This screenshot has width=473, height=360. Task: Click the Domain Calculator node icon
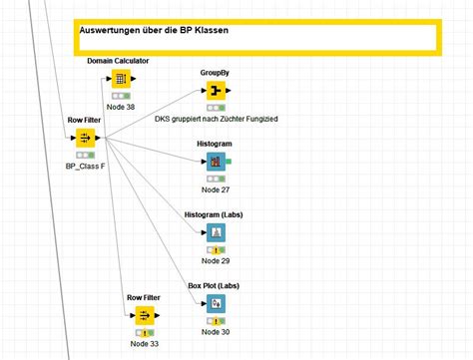pyautogui.click(x=119, y=79)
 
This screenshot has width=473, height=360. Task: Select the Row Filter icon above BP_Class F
pyautogui.click(x=85, y=138)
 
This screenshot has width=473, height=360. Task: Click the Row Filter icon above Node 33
pyautogui.click(x=144, y=316)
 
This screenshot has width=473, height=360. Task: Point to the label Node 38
pyautogui.click(x=119, y=107)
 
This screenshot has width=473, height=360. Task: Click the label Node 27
pyautogui.click(x=216, y=189)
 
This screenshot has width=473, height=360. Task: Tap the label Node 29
pyautogui.click(x=216, y=260)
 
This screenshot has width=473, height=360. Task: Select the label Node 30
pyautogui.click(x=216, y=332)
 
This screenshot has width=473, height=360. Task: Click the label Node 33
pyautogui.click(x=145, y=344)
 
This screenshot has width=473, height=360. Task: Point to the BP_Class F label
pyautogui.click(x=86, y=167)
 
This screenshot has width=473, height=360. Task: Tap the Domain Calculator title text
pyautogui.click(x=118, y=61)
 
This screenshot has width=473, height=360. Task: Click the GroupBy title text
pyautogui.click(x=215, y=73)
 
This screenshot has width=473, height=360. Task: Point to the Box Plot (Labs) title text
pyautogui.click(x=215, y=286)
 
